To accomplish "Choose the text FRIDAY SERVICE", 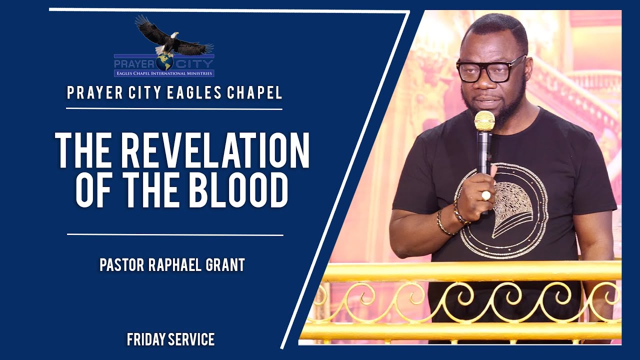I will coord(170,340).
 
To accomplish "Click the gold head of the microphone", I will coord(484,120).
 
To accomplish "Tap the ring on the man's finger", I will coord(485,195).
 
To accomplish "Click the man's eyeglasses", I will coord(490,70).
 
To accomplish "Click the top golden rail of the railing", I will coord(470,271).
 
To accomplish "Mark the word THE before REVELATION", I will coord(83,150).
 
